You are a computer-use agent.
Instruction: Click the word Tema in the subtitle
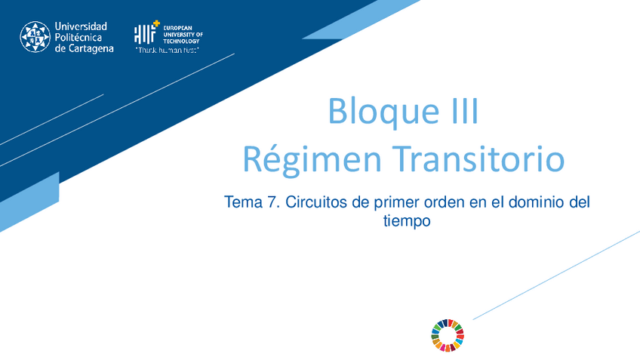(x=242, y=203)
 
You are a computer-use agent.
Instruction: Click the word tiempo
(x=407, y=222)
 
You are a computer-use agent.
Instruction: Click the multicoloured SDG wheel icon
(x=448, y=335)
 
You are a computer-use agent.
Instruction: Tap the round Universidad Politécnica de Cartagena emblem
(x=35, y=36)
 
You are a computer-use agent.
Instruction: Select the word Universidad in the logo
(x=82, y=26)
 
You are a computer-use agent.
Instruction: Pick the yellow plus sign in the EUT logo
(x=156, y=25)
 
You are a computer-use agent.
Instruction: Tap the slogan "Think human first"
(x=167, y=51)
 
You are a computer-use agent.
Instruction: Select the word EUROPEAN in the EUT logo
(x=177, y=28)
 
